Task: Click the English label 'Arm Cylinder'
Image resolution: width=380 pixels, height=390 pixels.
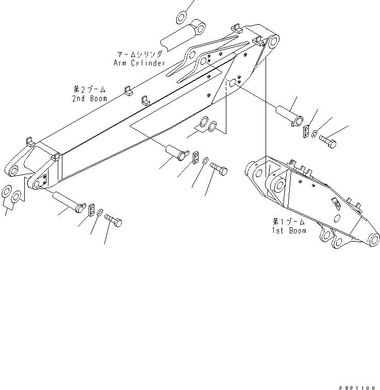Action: click(139, 63)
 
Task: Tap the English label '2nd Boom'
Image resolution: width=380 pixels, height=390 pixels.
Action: click(90, 98)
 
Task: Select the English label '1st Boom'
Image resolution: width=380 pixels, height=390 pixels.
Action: click(289, 230)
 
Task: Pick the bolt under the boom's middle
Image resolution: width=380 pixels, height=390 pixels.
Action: click(219, 169)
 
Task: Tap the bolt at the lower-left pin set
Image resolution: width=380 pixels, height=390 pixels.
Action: click(114, 222)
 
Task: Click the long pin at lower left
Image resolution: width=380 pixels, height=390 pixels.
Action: click(67, 201)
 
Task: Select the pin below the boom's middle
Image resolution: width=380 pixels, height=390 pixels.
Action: click(176, 152)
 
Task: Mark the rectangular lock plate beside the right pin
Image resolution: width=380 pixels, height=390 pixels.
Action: click(306, 131)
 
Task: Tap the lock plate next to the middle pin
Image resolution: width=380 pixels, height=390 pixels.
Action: click(195, 158)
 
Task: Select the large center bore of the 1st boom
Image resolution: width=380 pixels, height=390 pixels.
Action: click(279, 184)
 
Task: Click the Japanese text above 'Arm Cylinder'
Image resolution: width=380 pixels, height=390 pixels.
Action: click(140, 54)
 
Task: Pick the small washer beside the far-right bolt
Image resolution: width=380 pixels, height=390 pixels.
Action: click(314, 134)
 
